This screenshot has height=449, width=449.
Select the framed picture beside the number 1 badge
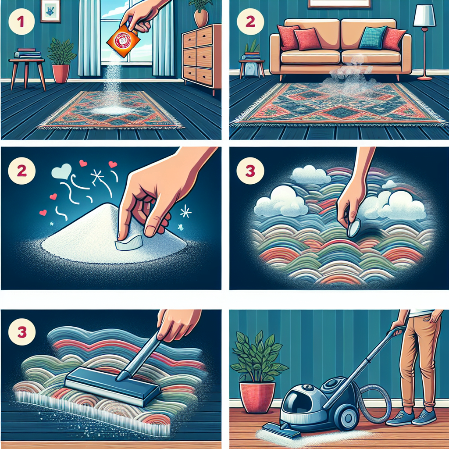click(50, 11)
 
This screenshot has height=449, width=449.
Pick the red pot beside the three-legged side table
click(61, 72)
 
